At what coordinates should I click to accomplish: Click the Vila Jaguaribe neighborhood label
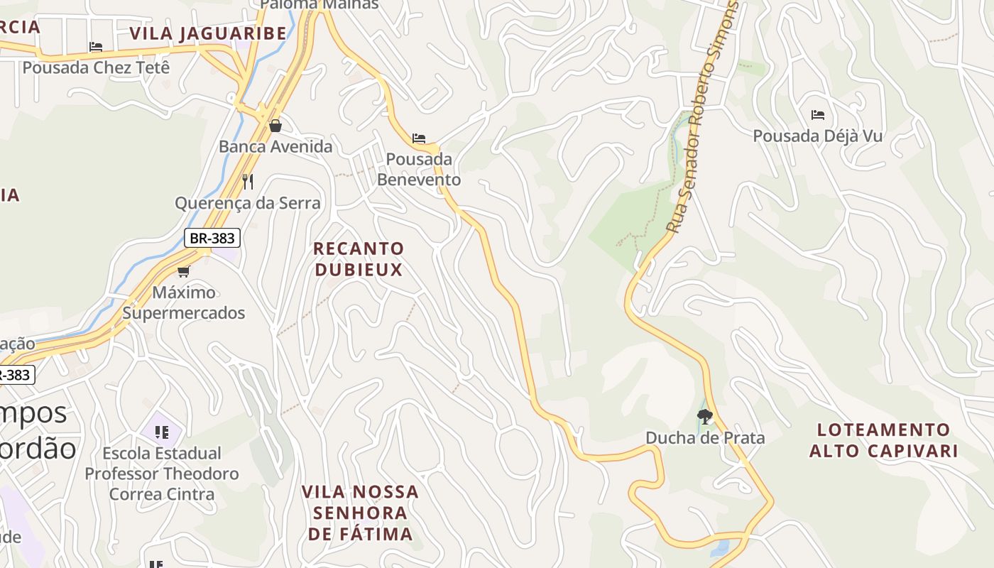(x=208, y=33)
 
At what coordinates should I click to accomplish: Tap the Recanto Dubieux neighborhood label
(x=359, y=259)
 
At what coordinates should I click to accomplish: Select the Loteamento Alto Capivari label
(x=884, y=440)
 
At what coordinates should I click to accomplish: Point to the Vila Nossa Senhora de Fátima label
(x=360, y=513)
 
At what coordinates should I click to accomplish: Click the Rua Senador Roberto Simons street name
(x=704, y=117)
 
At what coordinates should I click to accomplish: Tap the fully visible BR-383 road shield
(x=212, y=238)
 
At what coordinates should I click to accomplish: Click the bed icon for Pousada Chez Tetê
(x=96, y=47)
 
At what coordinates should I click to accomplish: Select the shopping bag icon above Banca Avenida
(x=275, y=126)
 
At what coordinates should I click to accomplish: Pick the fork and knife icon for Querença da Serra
(x=248, y=182)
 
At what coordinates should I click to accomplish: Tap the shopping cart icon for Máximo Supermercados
(x=184, y=271)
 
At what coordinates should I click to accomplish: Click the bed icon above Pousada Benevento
(x=419, y=138)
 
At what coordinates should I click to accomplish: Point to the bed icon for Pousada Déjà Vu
(x=818, y=114)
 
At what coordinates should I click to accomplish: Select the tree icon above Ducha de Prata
(x=704, y=417)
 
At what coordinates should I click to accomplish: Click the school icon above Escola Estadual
(x=161, y=432)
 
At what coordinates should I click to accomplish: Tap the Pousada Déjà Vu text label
(x=818, y=136)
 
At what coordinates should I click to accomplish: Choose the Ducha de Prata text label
(x=705, y=437)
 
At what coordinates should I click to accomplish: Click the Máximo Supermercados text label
(x=184, y=302)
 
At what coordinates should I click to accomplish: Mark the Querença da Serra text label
(x=248, y=203)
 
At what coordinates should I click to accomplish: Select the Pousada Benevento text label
(x=419, y=169)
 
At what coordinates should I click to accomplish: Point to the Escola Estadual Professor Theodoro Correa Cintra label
(x=162, y=474)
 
